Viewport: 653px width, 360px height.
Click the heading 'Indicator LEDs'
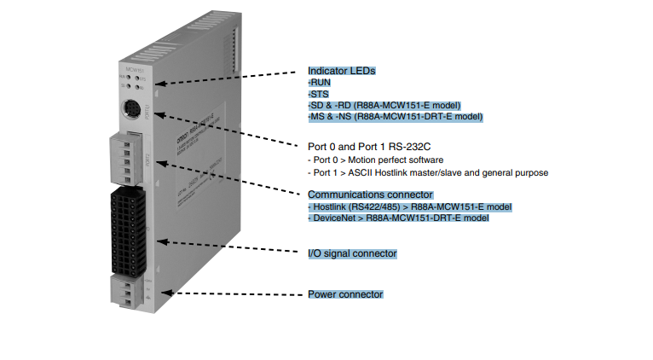(x=341, y=71)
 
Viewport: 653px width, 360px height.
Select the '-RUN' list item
(x=321, y=83)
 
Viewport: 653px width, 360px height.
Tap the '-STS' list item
(x=320, y=94)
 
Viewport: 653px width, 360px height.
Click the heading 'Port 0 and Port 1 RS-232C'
(x=369, y=145)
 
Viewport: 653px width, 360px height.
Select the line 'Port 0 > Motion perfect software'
(x=375, y=160)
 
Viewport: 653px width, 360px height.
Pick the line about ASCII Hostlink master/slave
(x=427, y=172)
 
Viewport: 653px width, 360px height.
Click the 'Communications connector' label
(x=370, y=195)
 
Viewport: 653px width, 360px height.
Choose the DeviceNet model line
(x=398, y=218)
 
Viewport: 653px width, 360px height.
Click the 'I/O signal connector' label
(x=352, y=253)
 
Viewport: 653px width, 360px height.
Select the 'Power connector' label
(x=345, y=294)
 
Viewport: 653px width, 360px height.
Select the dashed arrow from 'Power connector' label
(x=230, y=293)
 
